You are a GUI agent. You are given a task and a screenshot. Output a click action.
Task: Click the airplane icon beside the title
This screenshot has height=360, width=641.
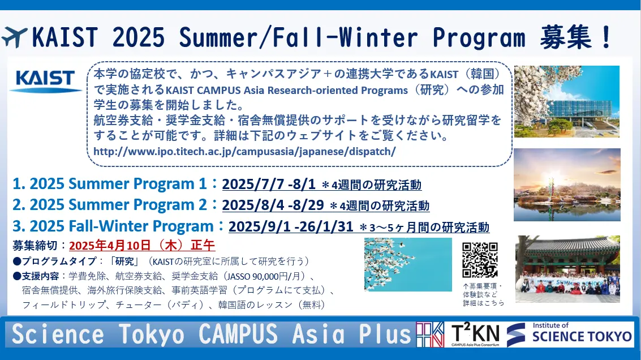(x=14, y=37)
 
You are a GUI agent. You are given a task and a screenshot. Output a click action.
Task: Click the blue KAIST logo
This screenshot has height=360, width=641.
(x=45, y=80)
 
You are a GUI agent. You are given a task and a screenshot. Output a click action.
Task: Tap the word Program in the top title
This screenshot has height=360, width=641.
(x=479, y=38)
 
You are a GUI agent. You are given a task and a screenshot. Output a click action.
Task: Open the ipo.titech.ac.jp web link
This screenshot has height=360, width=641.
(x=244, y=151)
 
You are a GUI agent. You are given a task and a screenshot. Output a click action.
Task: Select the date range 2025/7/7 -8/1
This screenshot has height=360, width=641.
(x=269, y=184)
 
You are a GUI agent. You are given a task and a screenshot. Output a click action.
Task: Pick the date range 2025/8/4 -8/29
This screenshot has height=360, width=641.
(x=273, y=205)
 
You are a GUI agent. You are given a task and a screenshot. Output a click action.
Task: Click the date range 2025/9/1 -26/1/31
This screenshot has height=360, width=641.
(x=291, y=226)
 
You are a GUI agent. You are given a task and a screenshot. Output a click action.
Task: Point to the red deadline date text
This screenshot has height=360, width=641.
(x=142, y=245)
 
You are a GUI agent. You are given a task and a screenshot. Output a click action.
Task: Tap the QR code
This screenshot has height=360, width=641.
(x=480, y=260)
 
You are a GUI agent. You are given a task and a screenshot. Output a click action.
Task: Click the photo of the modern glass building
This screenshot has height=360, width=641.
(x=566, y=101)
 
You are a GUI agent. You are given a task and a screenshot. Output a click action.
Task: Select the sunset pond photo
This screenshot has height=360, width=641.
(x=567, y=185)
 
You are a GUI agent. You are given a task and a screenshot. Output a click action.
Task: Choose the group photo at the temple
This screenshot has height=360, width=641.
(x=567, y=269)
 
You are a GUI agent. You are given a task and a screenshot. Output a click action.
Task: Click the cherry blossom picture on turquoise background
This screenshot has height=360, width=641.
(x=408, y=264)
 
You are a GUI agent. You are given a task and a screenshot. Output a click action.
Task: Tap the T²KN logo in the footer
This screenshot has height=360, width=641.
(x=475, y=334)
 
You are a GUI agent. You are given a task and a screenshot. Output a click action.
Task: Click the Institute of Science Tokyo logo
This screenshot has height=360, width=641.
(x=569, y=334)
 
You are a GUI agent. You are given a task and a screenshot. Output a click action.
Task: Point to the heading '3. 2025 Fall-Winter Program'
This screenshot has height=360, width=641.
(x=113, y=226)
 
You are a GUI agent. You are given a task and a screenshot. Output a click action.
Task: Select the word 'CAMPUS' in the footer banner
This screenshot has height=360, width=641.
(x=238, y=334)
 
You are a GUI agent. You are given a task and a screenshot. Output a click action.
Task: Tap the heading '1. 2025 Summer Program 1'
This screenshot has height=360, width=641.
(x=110, y=184)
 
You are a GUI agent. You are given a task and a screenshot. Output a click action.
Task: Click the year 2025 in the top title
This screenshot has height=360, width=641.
(x=139, y=37)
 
